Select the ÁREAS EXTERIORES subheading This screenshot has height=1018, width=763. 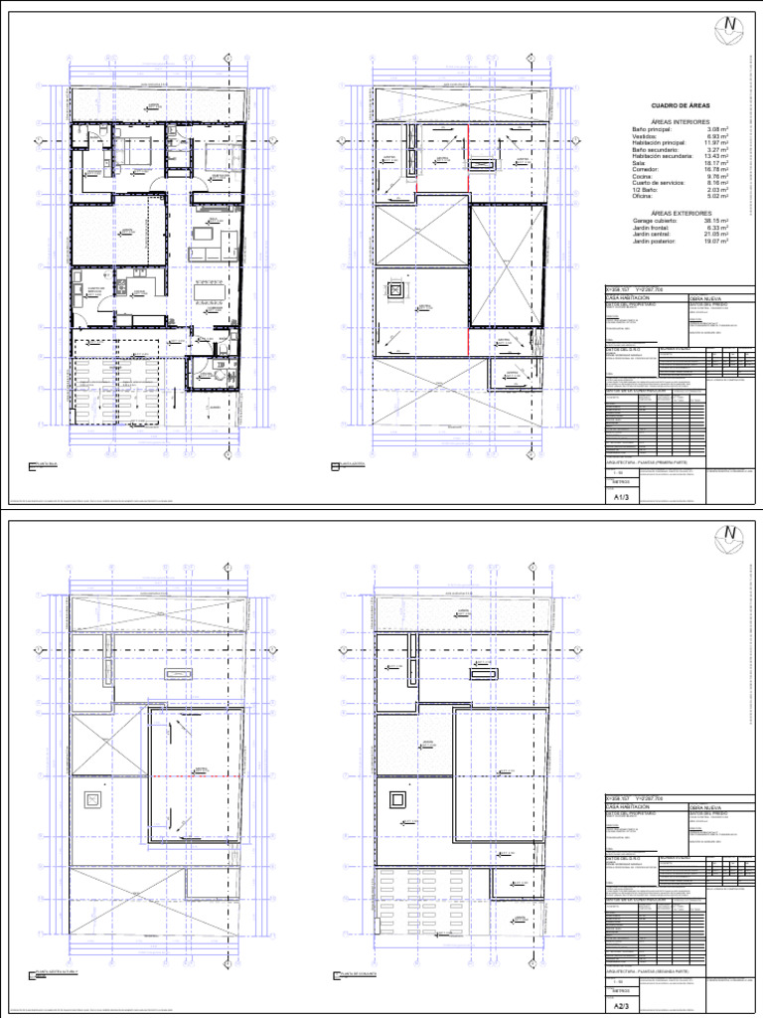click(x=681, y=212)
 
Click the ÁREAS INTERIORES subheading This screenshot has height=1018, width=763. click(x=681, y=121)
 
